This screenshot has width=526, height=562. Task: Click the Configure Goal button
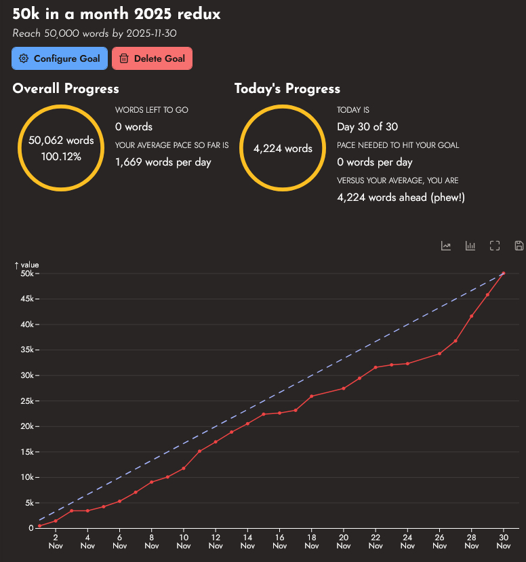(x=60, y=58)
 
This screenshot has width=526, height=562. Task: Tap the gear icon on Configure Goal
(x=24, y=58)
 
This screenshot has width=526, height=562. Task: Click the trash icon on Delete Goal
(x=124, y=58)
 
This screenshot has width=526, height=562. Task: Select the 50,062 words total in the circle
(x=61, y=140)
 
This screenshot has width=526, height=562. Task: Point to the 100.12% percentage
(x=61, y=157)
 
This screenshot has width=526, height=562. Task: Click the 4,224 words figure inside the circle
(x=283, y=149)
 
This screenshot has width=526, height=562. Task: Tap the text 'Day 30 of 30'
(x=367, y=127)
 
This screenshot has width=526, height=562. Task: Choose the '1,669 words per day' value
(x=163, y=162)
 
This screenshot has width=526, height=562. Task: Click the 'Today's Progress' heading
(x=287, y=89)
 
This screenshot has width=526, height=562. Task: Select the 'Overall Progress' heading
(x=66, y=89)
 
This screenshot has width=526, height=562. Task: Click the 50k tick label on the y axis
(x=27, y=274)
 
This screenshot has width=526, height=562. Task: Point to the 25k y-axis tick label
(x=27, y=401)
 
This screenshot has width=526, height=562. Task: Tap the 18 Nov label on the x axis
(x=311, y=540)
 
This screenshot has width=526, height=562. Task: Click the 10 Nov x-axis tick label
(x=183, y=540)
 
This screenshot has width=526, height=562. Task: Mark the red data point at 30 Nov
(x=504, y=273)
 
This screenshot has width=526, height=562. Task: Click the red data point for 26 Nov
(x=439, y=354)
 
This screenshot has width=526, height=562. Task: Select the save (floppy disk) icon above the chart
(x=519, y=246)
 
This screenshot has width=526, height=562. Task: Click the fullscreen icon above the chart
(x=495, y=246)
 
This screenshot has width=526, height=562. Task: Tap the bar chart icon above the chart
(x=470, y=246)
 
